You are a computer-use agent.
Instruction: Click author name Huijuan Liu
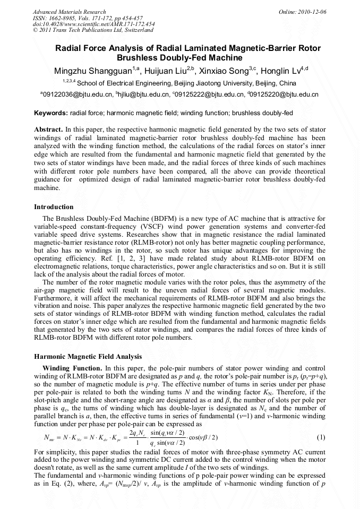tap(158, 71)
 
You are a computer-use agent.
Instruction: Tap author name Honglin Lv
tap(279, 71)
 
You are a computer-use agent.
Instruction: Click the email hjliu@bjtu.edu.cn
tap(138, 94)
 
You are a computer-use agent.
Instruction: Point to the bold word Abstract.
tap(48, 130)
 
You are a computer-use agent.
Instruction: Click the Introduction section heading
tap(54, 206)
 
